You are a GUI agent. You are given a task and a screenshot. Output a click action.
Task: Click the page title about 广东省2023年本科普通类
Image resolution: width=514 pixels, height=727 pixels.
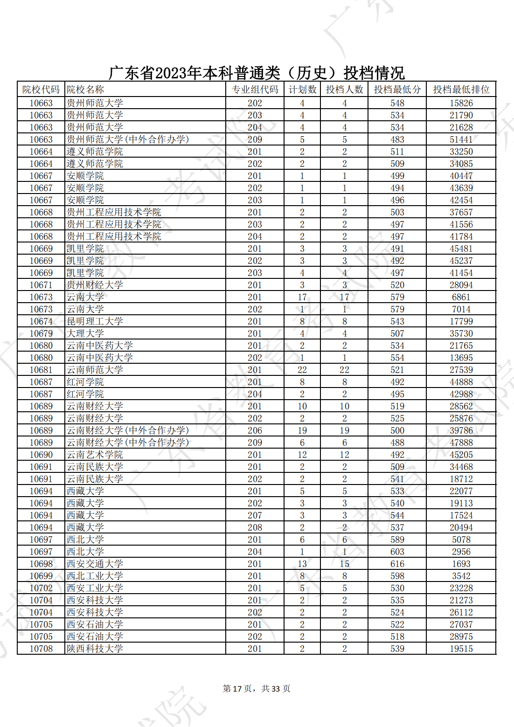click(x=257, y=73)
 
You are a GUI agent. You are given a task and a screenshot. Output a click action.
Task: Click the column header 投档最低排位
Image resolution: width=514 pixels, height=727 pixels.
click(x=461, y=90)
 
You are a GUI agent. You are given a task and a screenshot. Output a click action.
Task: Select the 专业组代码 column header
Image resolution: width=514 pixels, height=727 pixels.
click(x=255, y=90)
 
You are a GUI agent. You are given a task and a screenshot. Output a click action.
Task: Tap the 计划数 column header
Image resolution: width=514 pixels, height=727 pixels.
click(x=302, y=90)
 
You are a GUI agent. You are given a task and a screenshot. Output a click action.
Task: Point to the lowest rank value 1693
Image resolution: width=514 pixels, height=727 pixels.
click(x=461, y=564)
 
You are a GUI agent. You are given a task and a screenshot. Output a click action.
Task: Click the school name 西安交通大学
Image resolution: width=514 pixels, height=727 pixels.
click(x=95, y=564)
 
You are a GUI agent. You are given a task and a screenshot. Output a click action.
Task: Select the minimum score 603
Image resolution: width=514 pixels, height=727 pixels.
click(x=397, y=552)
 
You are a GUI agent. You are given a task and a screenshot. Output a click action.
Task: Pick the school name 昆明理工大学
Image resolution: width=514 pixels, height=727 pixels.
click(x=95, y=321)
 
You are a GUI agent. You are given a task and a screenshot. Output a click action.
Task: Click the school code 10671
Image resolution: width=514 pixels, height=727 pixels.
click(x=41, y=285)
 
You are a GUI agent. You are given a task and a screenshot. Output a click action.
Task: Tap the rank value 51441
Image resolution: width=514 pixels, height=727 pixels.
click(x=461, y=139)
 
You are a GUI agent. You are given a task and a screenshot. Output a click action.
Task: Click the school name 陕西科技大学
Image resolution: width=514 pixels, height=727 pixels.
click(x=95, y=649)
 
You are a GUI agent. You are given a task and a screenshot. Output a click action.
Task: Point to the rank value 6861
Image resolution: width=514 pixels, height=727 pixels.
click(x=461, y=297)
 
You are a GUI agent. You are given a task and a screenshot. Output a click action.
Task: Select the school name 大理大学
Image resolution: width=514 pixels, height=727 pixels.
click(x=85, y=333)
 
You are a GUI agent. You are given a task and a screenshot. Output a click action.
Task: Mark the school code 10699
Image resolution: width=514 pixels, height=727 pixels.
click(x=41, y=576)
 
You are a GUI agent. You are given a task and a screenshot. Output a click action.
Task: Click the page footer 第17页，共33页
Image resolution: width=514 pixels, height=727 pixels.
click(x=257, y=689)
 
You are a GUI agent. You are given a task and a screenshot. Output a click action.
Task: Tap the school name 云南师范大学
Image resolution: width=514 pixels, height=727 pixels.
click(x=95, y=370)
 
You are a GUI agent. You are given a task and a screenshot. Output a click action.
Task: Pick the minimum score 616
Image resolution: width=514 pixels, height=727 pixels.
click(x=397, y=564)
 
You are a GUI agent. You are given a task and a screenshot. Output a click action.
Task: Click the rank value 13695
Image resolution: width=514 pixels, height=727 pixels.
click(x=461, y=358)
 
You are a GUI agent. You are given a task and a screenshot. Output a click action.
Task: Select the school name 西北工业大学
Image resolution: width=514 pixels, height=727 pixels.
click(x=95, y=576)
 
